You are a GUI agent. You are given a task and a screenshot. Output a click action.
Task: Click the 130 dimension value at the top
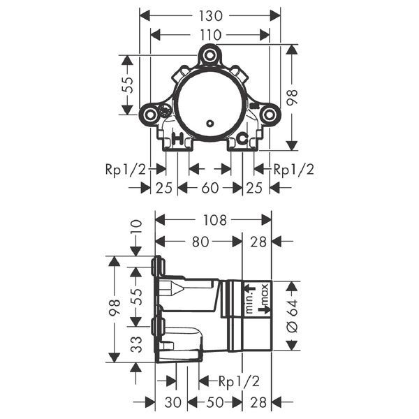click(211, 16)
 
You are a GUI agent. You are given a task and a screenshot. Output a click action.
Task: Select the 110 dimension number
click(210, 35)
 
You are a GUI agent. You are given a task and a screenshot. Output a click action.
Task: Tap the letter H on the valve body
click(178, 138)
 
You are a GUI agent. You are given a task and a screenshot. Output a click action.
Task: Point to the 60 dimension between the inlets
click(210, 188)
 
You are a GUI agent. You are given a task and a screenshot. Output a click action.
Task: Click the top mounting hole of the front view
click(209, 55)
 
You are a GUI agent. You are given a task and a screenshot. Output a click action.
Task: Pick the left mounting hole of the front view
click(150, 115)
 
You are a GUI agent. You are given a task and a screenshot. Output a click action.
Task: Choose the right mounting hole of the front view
click(269, 115)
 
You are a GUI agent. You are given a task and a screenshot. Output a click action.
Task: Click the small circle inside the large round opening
click(210, 123)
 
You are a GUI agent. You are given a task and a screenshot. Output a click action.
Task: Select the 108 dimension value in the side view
click(214, 220)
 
